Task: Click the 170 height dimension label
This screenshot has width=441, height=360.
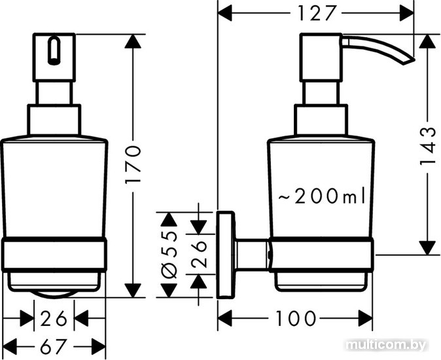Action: pos(133,164)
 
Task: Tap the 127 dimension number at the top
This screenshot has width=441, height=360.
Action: pos(317,13)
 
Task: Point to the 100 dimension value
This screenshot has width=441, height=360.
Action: pos(295,318)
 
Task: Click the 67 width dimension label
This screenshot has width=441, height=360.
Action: pos(54,346)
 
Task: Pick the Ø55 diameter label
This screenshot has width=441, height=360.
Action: pos(169,255)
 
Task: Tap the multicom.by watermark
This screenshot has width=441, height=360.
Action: pos(387,345)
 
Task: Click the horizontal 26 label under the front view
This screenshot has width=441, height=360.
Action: pos(54,319)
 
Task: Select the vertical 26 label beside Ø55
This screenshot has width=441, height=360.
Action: pos(199,254)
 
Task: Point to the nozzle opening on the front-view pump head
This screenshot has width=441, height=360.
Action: pos(54,50)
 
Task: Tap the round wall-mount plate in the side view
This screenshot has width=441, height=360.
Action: pos(225,255)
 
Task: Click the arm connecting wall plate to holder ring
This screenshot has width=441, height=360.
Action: pos(251,256)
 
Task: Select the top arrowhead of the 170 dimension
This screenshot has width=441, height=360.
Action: pos(133,41)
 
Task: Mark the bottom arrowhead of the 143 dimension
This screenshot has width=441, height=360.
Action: pos(427,248)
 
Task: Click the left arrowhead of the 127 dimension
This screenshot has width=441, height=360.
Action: pos(225,14)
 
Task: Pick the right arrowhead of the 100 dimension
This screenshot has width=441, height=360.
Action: pos(365,318)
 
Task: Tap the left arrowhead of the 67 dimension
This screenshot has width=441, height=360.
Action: pos(10,346)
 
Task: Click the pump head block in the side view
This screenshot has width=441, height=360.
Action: pos(321,58)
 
